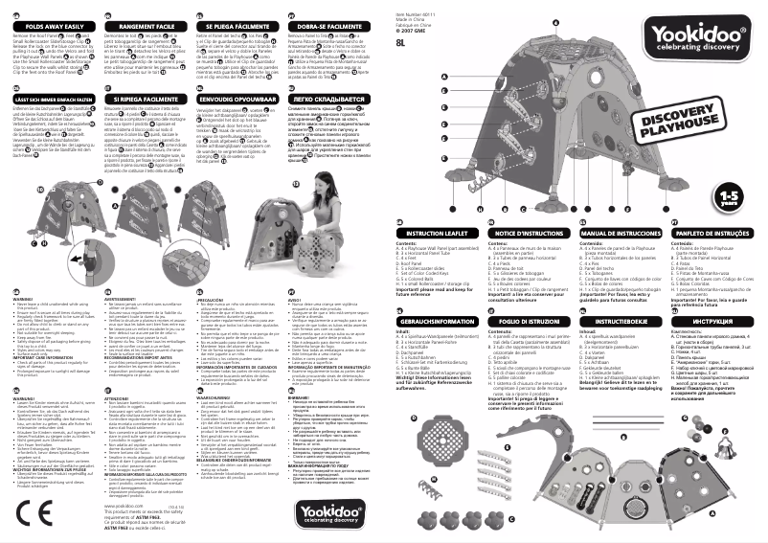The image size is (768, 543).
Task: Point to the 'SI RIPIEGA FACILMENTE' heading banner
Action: pyautogui.click(x=144, y=99)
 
